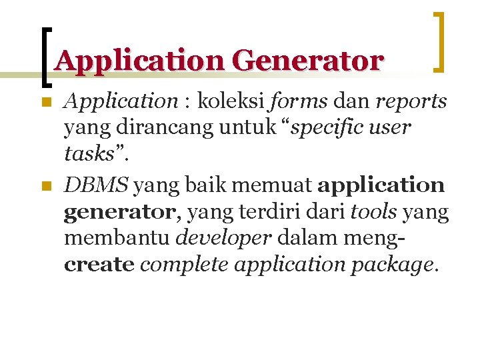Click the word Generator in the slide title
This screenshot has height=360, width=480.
pos(308,61)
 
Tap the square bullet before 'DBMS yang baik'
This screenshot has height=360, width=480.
pos(45,188)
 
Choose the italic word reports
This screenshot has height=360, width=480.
pos(411,101)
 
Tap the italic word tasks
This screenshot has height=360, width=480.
pos(89,154)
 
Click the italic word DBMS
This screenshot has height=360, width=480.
pos(96,185)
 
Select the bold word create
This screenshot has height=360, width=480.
pos(99,265)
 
